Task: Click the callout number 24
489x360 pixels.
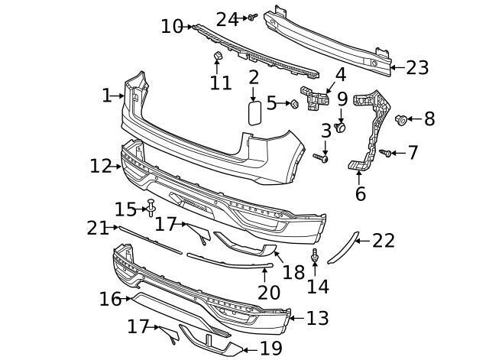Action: click(x=228, y=20)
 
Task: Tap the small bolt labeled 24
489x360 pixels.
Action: click(x=252, y=17)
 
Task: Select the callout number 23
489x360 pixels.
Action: click(x=417, y=68)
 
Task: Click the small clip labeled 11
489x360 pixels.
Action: click(x=217, y=56)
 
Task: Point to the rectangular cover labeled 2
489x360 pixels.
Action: click(x=254, y=112)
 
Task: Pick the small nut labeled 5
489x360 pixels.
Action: click(x=294, y=104)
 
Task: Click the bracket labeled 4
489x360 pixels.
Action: click(x=315, y=99)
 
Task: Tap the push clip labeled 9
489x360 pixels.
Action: click(x=340, y=128)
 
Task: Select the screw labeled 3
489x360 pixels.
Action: click(x=321, y=158)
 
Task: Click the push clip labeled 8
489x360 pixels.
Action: click(x=401, y=119)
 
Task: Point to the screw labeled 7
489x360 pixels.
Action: click(x=385, y=153)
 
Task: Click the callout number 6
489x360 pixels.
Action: click(x=361, y=193)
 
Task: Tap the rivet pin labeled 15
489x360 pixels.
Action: click(x=151, y=207)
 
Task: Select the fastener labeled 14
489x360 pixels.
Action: click(x=315, y=255)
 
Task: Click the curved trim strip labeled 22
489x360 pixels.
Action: click(x=342, y=247)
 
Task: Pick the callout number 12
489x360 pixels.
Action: click(x=101, y=166)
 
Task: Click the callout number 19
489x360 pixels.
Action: click(x=271, y=349)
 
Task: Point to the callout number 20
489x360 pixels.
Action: click(x=269, y=293)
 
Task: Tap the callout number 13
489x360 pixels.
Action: click(x=318, y=318)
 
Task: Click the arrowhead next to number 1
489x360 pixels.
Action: click(x=122, y=96)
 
